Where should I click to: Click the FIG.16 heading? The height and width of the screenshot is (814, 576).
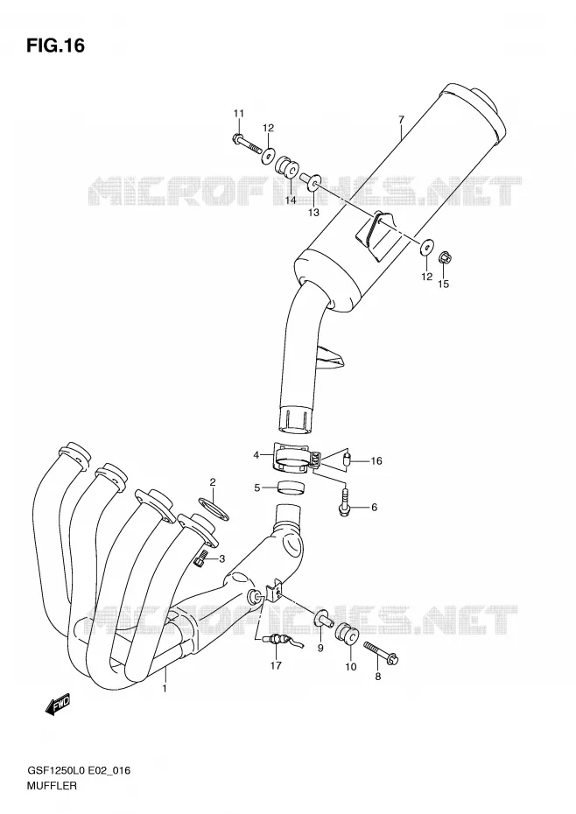[x=55, y=46]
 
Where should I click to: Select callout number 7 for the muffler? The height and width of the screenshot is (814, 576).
[x=401, y=120]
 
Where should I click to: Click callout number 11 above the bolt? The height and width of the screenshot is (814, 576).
[x=238, y=114]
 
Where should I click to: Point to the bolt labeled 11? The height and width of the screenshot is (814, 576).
[x=246, y=144]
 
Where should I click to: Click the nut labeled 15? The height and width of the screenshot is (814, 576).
[x=445, y=257]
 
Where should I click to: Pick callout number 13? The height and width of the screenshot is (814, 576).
[x=313, y=213]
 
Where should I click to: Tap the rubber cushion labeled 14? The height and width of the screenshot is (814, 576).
[x=285, y=166]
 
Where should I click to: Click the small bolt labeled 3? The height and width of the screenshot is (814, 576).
[x=200, y=558]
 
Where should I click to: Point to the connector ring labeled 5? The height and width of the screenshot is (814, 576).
[x=290, y=488]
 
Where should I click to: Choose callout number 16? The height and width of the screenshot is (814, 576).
[x=376, y=460]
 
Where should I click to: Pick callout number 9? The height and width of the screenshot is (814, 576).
[x=320, y=648]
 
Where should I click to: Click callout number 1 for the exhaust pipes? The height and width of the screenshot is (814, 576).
[x=165, y=689]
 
